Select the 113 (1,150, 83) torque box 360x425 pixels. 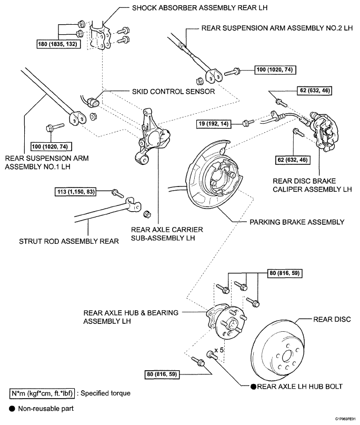click(76, 192)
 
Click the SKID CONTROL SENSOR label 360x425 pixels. click(173, 92)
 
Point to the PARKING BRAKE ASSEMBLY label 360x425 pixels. click(297, 222)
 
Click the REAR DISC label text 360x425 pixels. click(332, 319)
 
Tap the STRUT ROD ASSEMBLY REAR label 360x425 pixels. click(69, 241)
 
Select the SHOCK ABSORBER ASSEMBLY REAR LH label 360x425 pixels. click(199, 8)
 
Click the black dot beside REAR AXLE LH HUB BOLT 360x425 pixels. click(253, 387)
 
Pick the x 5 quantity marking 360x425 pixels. click(219, 350)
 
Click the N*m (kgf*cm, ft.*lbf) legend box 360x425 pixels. click(42, 393)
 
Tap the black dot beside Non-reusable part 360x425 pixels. click(12, 409)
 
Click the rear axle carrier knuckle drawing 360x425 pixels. click(153, 136)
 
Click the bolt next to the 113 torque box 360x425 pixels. click(118, 193)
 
